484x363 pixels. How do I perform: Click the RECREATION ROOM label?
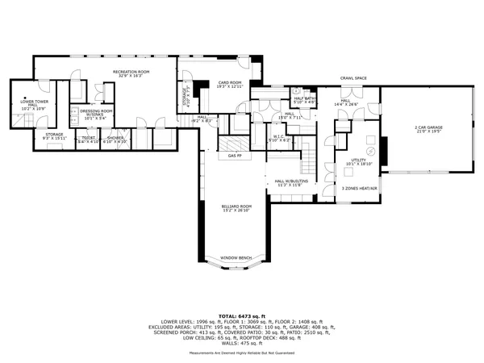131,73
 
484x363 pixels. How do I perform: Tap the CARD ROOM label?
230,82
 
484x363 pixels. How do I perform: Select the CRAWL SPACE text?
353,77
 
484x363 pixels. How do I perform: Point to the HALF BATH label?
305,98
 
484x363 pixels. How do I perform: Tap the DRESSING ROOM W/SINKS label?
95,112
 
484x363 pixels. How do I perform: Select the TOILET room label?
88,138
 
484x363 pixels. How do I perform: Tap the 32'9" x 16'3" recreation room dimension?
131,77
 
